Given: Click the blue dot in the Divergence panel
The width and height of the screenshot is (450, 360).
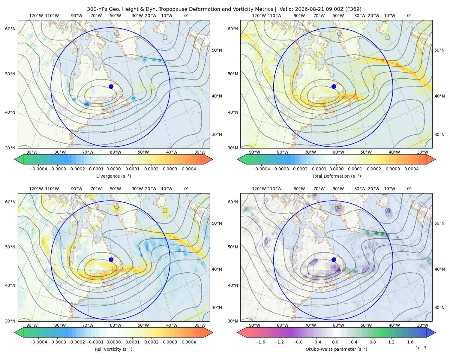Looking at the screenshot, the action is click(x=111, y=86).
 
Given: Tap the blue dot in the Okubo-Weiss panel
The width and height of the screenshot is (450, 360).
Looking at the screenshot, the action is click(x=334, y=259).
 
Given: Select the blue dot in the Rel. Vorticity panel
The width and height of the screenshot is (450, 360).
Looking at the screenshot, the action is click(x=111, y=259).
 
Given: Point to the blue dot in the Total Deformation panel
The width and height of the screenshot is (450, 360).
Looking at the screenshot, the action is click(x=334, y=86).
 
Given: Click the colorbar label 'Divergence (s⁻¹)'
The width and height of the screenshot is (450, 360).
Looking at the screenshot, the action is click(x=113, y=176).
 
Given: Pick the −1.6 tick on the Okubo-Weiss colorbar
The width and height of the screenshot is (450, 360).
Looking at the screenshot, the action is click(x=260, y=342).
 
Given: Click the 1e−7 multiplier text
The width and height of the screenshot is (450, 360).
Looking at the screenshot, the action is click(x=421, y=348).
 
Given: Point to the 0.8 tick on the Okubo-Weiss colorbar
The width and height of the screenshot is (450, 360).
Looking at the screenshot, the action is click(x=373, y=342).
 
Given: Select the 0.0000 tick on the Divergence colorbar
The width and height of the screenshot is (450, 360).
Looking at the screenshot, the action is click(x=113, y=169).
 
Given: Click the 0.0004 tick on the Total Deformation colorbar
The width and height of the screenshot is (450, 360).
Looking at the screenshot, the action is click(x=412, y=169).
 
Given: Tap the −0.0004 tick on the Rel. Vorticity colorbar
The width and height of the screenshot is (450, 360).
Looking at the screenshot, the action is click(x=38, y=342).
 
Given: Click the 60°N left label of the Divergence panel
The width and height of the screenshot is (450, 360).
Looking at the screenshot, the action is click(x=10, y=29).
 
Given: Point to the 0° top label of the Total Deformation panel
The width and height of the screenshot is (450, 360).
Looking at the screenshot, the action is click(x=409, y=16).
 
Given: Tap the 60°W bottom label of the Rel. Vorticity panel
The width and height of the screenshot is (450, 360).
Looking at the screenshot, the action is click(x=115, y=325).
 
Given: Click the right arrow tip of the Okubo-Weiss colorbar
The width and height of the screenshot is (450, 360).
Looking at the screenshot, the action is click(x=435, y=332).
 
